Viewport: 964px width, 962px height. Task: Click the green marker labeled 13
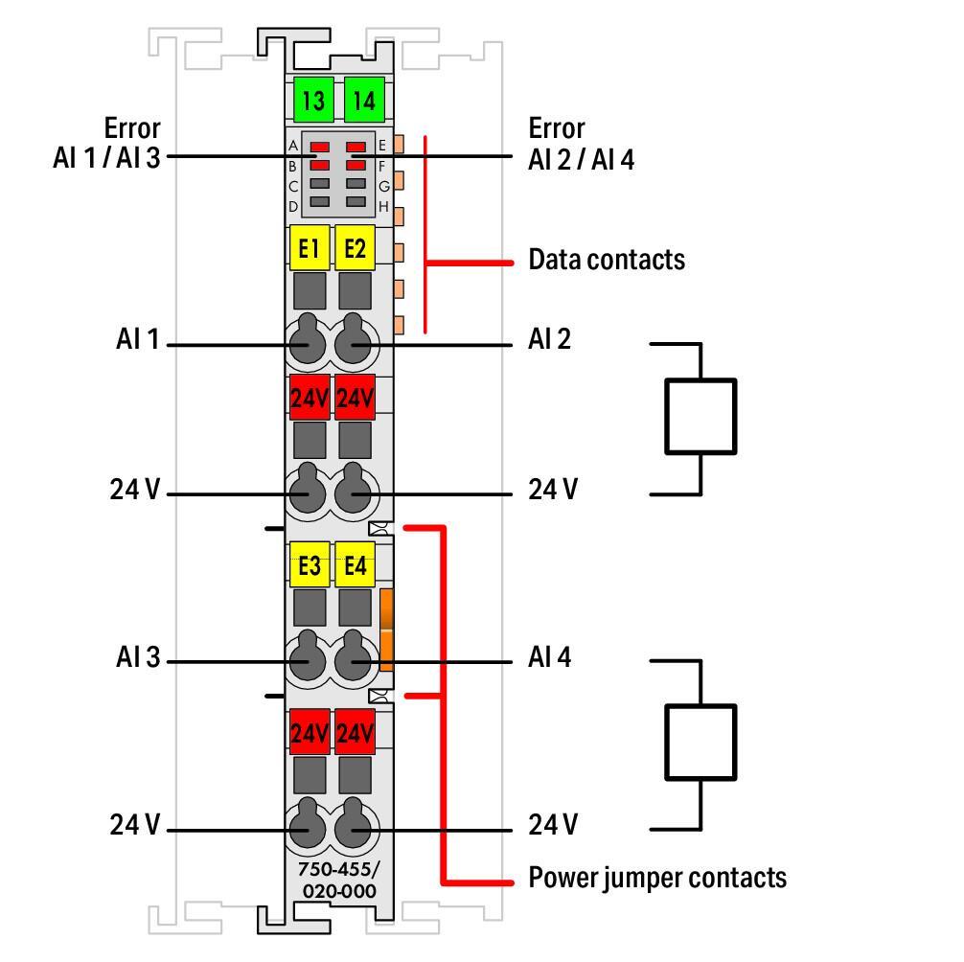313,100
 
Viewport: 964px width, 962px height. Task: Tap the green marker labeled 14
363,100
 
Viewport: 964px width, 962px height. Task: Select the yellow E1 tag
309,249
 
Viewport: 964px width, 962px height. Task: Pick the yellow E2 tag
356,249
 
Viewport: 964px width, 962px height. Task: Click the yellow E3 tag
309,565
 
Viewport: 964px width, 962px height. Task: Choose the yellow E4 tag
356,565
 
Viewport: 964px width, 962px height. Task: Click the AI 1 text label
137,339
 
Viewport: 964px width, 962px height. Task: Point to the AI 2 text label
549,338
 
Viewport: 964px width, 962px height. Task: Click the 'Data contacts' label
607,260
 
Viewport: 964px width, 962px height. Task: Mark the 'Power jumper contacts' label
657,878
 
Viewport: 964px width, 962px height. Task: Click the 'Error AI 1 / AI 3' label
107,143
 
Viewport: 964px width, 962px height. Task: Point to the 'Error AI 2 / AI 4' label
581,143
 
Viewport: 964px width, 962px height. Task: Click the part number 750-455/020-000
339,882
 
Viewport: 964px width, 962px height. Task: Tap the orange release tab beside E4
387,630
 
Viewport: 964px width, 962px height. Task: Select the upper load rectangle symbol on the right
700,416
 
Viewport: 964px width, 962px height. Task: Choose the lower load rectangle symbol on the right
700,742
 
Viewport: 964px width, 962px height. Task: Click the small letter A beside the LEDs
293,147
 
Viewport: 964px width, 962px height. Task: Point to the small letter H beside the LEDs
383,206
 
